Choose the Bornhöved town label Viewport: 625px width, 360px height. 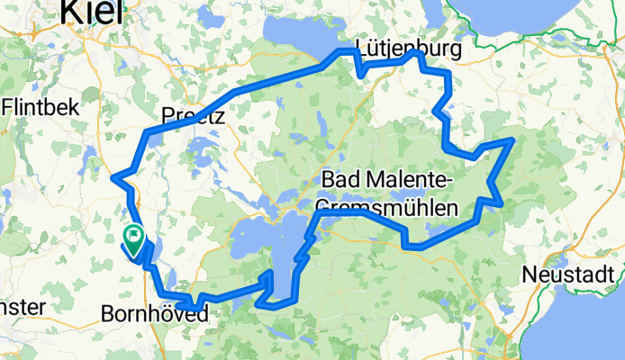[155, 315]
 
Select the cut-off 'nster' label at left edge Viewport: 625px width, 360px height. [20, 306]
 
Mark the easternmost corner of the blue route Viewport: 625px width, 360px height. [512, 140]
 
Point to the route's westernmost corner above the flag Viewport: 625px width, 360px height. [113, 176]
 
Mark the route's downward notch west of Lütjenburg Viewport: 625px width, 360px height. [359, 73]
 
